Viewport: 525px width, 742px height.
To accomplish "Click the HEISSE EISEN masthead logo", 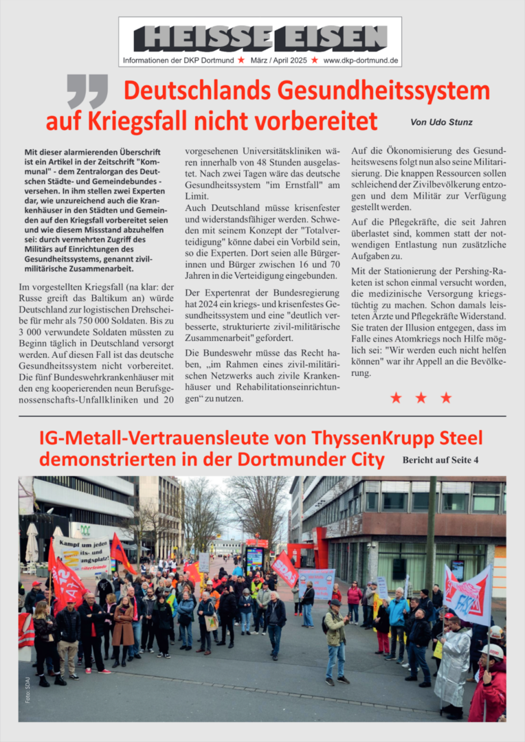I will [x=260, y=38].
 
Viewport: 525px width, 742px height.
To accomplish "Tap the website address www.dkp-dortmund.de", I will [x=360, y=60].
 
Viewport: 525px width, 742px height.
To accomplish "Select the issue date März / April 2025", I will [x=278, y=60].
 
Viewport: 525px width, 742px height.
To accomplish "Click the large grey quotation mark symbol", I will [x=87, y=92].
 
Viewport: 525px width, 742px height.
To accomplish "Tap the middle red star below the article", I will [x=421, y=398].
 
